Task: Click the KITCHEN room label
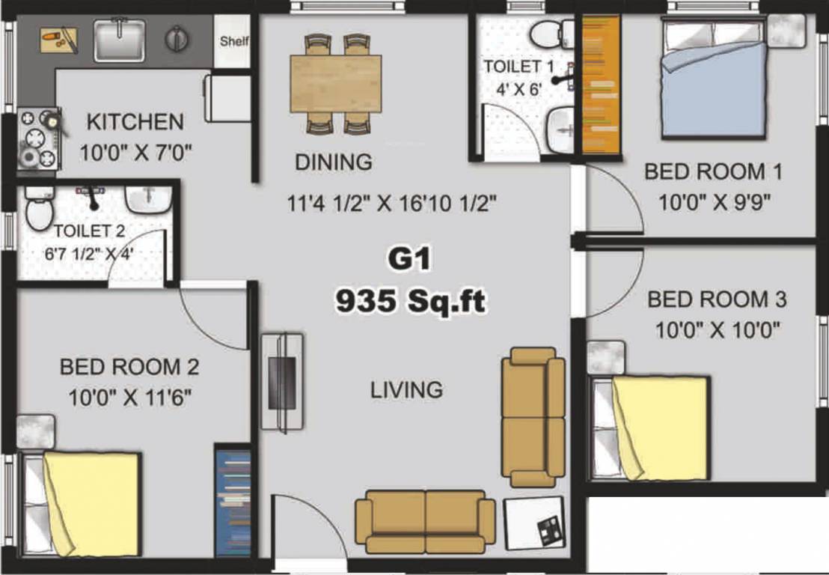tap(135, 121)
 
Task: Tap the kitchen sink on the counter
tap(120, 40)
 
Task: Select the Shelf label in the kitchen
tap(234, 41)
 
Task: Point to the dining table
tap(336, 83)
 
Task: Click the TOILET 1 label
tap(519, 67)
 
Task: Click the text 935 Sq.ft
tap(410, 302)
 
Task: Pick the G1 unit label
tap(409, 261)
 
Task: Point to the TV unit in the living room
tap(282, 382)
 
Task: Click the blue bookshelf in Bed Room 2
tap(233, 502)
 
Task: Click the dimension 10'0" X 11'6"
tap(130, 398)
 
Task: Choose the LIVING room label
tap(406, 389)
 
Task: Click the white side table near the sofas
tap(533, 523)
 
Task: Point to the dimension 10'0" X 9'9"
tap(715, 201)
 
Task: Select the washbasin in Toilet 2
tap(148, 198)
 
